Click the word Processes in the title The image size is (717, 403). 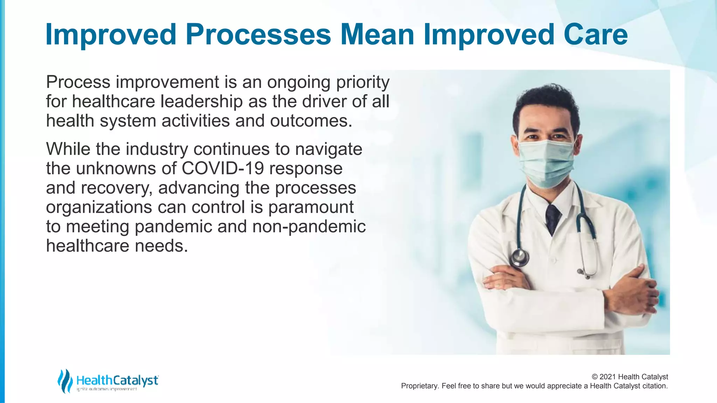[x=258, y=35]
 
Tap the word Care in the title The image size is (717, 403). [x=596, y=35]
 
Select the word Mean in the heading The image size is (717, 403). [x=377, y=35]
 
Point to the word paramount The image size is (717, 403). [x=311, y=207]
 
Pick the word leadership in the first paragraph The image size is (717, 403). [x=202, y=101]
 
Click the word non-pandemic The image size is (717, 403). [x=309, y=226]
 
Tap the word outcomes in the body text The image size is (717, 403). [x=311, y=121]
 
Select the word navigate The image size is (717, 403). [x=328, y=149]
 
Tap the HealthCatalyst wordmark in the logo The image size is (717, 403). [x=117, y=380]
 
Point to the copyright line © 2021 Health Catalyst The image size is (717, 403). [x=629, y=377]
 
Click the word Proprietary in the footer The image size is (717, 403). [x=419, y=386]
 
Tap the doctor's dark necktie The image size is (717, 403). [x=553, y=219]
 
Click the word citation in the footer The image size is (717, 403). [x=655, y=386]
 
